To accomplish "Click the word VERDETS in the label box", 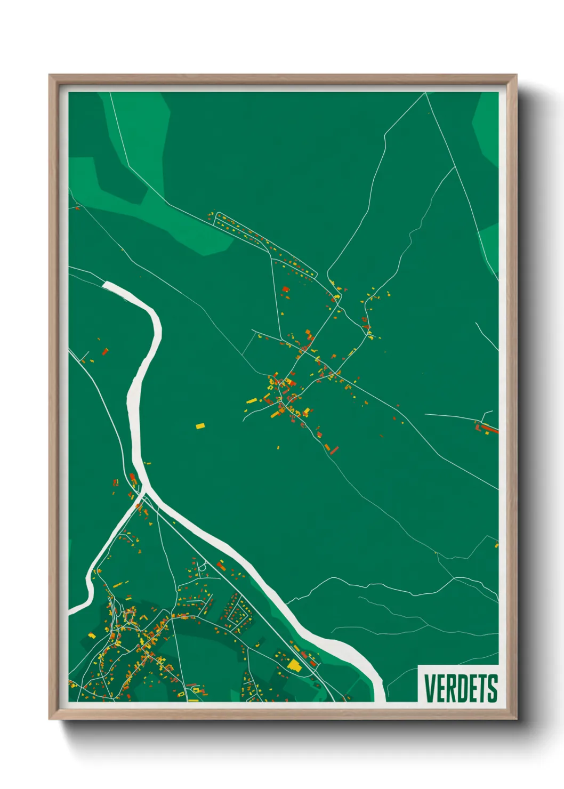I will click(x=461, y=688).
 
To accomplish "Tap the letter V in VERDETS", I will click(x=430, y=688).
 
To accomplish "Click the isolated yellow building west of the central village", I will click(x=200, y=425).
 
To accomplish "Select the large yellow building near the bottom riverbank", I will click(x=294, y=664).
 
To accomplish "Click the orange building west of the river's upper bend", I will click(x=105, y=351).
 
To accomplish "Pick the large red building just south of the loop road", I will click(x=286, y=289).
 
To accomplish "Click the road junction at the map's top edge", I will click(x=425, y=93).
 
